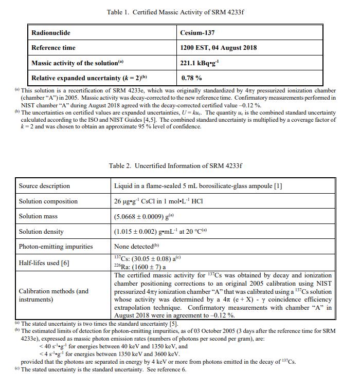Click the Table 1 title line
(x=175, y=12)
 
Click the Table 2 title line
(x=175, y=166)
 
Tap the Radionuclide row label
(x=51, y=33)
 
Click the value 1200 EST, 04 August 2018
(x=218, y=48)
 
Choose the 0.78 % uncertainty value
(x=191, y=78)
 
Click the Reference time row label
(x=53, y=48)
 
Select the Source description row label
(x=44, y=186)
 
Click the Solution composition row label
(x=48, y=201)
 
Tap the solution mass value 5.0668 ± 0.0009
(x=148, y=217)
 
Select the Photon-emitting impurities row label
(x=56, y=247)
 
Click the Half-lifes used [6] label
(x=44, y=263)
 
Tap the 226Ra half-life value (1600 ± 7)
(x=146, y=267)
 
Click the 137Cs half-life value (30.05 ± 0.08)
(x=149, y=258)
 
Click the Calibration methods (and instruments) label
(x=53, y=295)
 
